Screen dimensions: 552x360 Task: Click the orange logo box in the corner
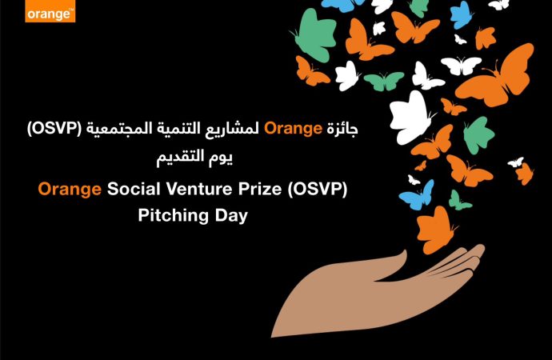[50, 11]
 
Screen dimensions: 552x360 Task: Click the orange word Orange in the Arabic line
[293, 129]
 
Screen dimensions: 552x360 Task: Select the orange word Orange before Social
[70, 190]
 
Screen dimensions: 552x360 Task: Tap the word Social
[134, 189]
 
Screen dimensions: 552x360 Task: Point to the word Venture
[199, 189]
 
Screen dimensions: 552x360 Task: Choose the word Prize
[260, 189]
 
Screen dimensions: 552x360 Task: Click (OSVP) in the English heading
[317, 190]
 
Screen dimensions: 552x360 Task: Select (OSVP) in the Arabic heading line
[54, 129]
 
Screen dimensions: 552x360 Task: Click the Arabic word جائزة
[342, 129]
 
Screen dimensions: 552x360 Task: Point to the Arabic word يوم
[221, 158]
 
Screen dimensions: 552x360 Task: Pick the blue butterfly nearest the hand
[417, 196]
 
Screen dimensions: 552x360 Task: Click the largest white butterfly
[411, 117]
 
